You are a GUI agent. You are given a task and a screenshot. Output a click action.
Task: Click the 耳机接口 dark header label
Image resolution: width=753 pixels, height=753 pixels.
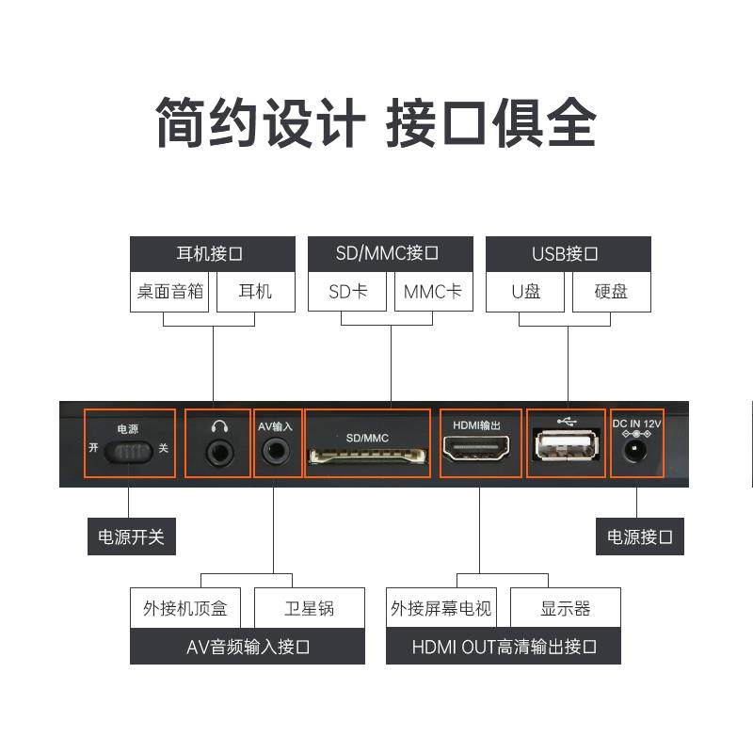212,254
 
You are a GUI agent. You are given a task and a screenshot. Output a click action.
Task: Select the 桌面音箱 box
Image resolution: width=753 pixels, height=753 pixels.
170,292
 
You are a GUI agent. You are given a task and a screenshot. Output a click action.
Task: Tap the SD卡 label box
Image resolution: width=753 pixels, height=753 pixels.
347,292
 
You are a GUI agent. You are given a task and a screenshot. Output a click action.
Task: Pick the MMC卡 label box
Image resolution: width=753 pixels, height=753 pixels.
433,292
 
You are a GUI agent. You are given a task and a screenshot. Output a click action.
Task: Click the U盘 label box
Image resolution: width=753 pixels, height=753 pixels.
526,292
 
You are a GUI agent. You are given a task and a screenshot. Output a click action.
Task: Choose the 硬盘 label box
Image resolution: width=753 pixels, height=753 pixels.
611,292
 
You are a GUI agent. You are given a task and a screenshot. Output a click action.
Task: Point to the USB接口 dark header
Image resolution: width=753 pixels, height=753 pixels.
568,254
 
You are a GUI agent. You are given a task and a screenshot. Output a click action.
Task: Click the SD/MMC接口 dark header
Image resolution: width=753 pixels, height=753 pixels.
389,254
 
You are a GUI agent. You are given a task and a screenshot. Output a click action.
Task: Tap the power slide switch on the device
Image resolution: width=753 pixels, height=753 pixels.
129,453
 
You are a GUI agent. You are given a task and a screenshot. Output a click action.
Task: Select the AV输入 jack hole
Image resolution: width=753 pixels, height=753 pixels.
276,450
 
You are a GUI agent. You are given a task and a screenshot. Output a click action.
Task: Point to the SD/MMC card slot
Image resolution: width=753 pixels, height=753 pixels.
367,457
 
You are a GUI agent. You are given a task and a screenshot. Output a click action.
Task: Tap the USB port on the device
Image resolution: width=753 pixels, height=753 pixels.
567,447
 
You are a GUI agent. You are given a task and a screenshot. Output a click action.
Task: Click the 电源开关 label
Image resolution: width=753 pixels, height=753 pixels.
132,537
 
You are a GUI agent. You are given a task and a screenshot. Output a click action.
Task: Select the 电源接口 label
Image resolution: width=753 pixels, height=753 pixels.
640,537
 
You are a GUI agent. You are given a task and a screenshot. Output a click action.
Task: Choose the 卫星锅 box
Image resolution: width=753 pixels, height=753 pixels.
310,608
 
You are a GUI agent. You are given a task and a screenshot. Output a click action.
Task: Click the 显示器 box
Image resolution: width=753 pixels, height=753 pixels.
565,608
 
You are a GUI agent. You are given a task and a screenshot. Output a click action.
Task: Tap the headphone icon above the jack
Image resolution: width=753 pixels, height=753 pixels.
220,425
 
